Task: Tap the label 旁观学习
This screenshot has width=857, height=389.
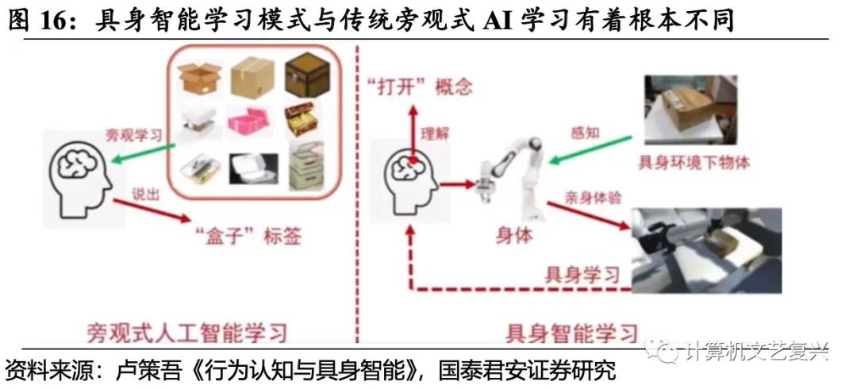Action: (135, 134)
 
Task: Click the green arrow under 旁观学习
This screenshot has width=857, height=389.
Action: (144, 153)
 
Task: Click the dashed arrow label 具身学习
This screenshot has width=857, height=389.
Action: (582, 275)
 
